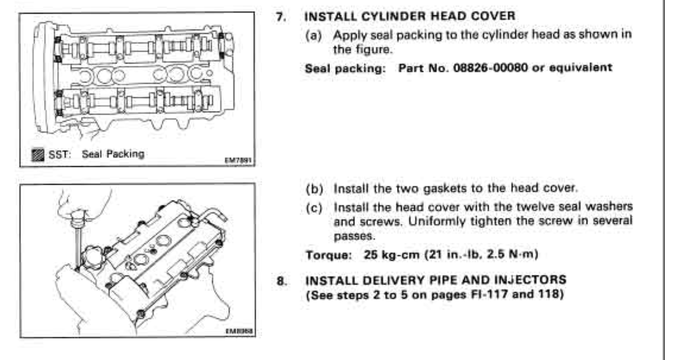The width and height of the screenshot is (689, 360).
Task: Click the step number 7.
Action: pyautogui.click(x=281, y=17)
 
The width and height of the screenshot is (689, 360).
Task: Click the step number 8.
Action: pyautogui.click(x=281, y=281)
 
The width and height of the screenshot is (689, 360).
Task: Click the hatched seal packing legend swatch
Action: pyautogui.click(x=38, y=154)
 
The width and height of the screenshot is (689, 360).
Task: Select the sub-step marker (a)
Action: pyautogui.click(x=313, y=36)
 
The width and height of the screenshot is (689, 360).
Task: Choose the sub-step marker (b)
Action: pyautogui.click(x=314, y=189)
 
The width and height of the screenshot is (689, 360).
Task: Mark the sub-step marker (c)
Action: pyautogui.click(x=314, y=208)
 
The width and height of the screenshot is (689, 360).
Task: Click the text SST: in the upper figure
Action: pyautogui.click(x=59, y=154)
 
